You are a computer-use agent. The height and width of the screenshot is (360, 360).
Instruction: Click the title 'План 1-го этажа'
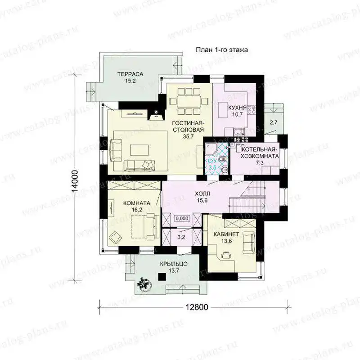point(221,50)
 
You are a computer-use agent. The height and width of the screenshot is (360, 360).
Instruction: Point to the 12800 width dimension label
point(197,307)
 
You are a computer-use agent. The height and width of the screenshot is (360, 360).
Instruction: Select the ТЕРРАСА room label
point(130,74)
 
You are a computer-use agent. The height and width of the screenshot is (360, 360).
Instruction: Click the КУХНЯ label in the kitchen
point(237,107)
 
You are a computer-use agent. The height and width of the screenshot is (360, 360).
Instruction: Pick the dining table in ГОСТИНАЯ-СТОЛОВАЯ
point(189,102)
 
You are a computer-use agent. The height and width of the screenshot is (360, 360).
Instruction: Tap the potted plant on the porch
point(144,284)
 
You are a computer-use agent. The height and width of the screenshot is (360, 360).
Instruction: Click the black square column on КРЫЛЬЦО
point(162,277)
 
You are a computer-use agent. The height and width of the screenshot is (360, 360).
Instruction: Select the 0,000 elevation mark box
point(182,218)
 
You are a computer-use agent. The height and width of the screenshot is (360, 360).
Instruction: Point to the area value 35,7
point(188,136)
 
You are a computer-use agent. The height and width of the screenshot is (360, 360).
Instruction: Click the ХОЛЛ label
point(202,194)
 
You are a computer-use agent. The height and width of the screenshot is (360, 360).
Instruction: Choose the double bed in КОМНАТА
point(145,226)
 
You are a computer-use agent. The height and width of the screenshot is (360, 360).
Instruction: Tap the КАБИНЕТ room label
point(226,234)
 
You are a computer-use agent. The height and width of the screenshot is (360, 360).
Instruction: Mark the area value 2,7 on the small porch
point(274,122)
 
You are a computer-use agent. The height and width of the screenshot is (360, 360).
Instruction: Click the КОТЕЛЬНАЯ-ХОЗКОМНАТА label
point(260,153)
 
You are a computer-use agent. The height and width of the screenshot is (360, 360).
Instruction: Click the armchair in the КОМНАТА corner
point(116,237)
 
